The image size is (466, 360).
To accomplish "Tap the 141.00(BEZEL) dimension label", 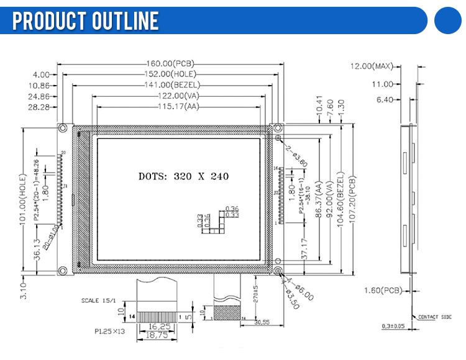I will [170, 85].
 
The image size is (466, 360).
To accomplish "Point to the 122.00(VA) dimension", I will [170, 96].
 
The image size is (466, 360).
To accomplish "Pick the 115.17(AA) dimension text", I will [170, 107].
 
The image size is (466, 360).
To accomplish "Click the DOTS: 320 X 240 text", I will [183, 176].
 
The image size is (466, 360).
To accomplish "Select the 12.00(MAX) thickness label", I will [372, 66].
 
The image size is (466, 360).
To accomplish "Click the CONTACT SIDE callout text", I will [434, 317].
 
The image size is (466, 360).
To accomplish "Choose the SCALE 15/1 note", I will [100, 300].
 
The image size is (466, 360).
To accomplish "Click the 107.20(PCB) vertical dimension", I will [352, 198].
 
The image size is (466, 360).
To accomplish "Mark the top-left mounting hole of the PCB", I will [63, 128].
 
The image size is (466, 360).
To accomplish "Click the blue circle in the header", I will [450, 20].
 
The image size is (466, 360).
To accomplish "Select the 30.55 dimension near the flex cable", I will [262, 322].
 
